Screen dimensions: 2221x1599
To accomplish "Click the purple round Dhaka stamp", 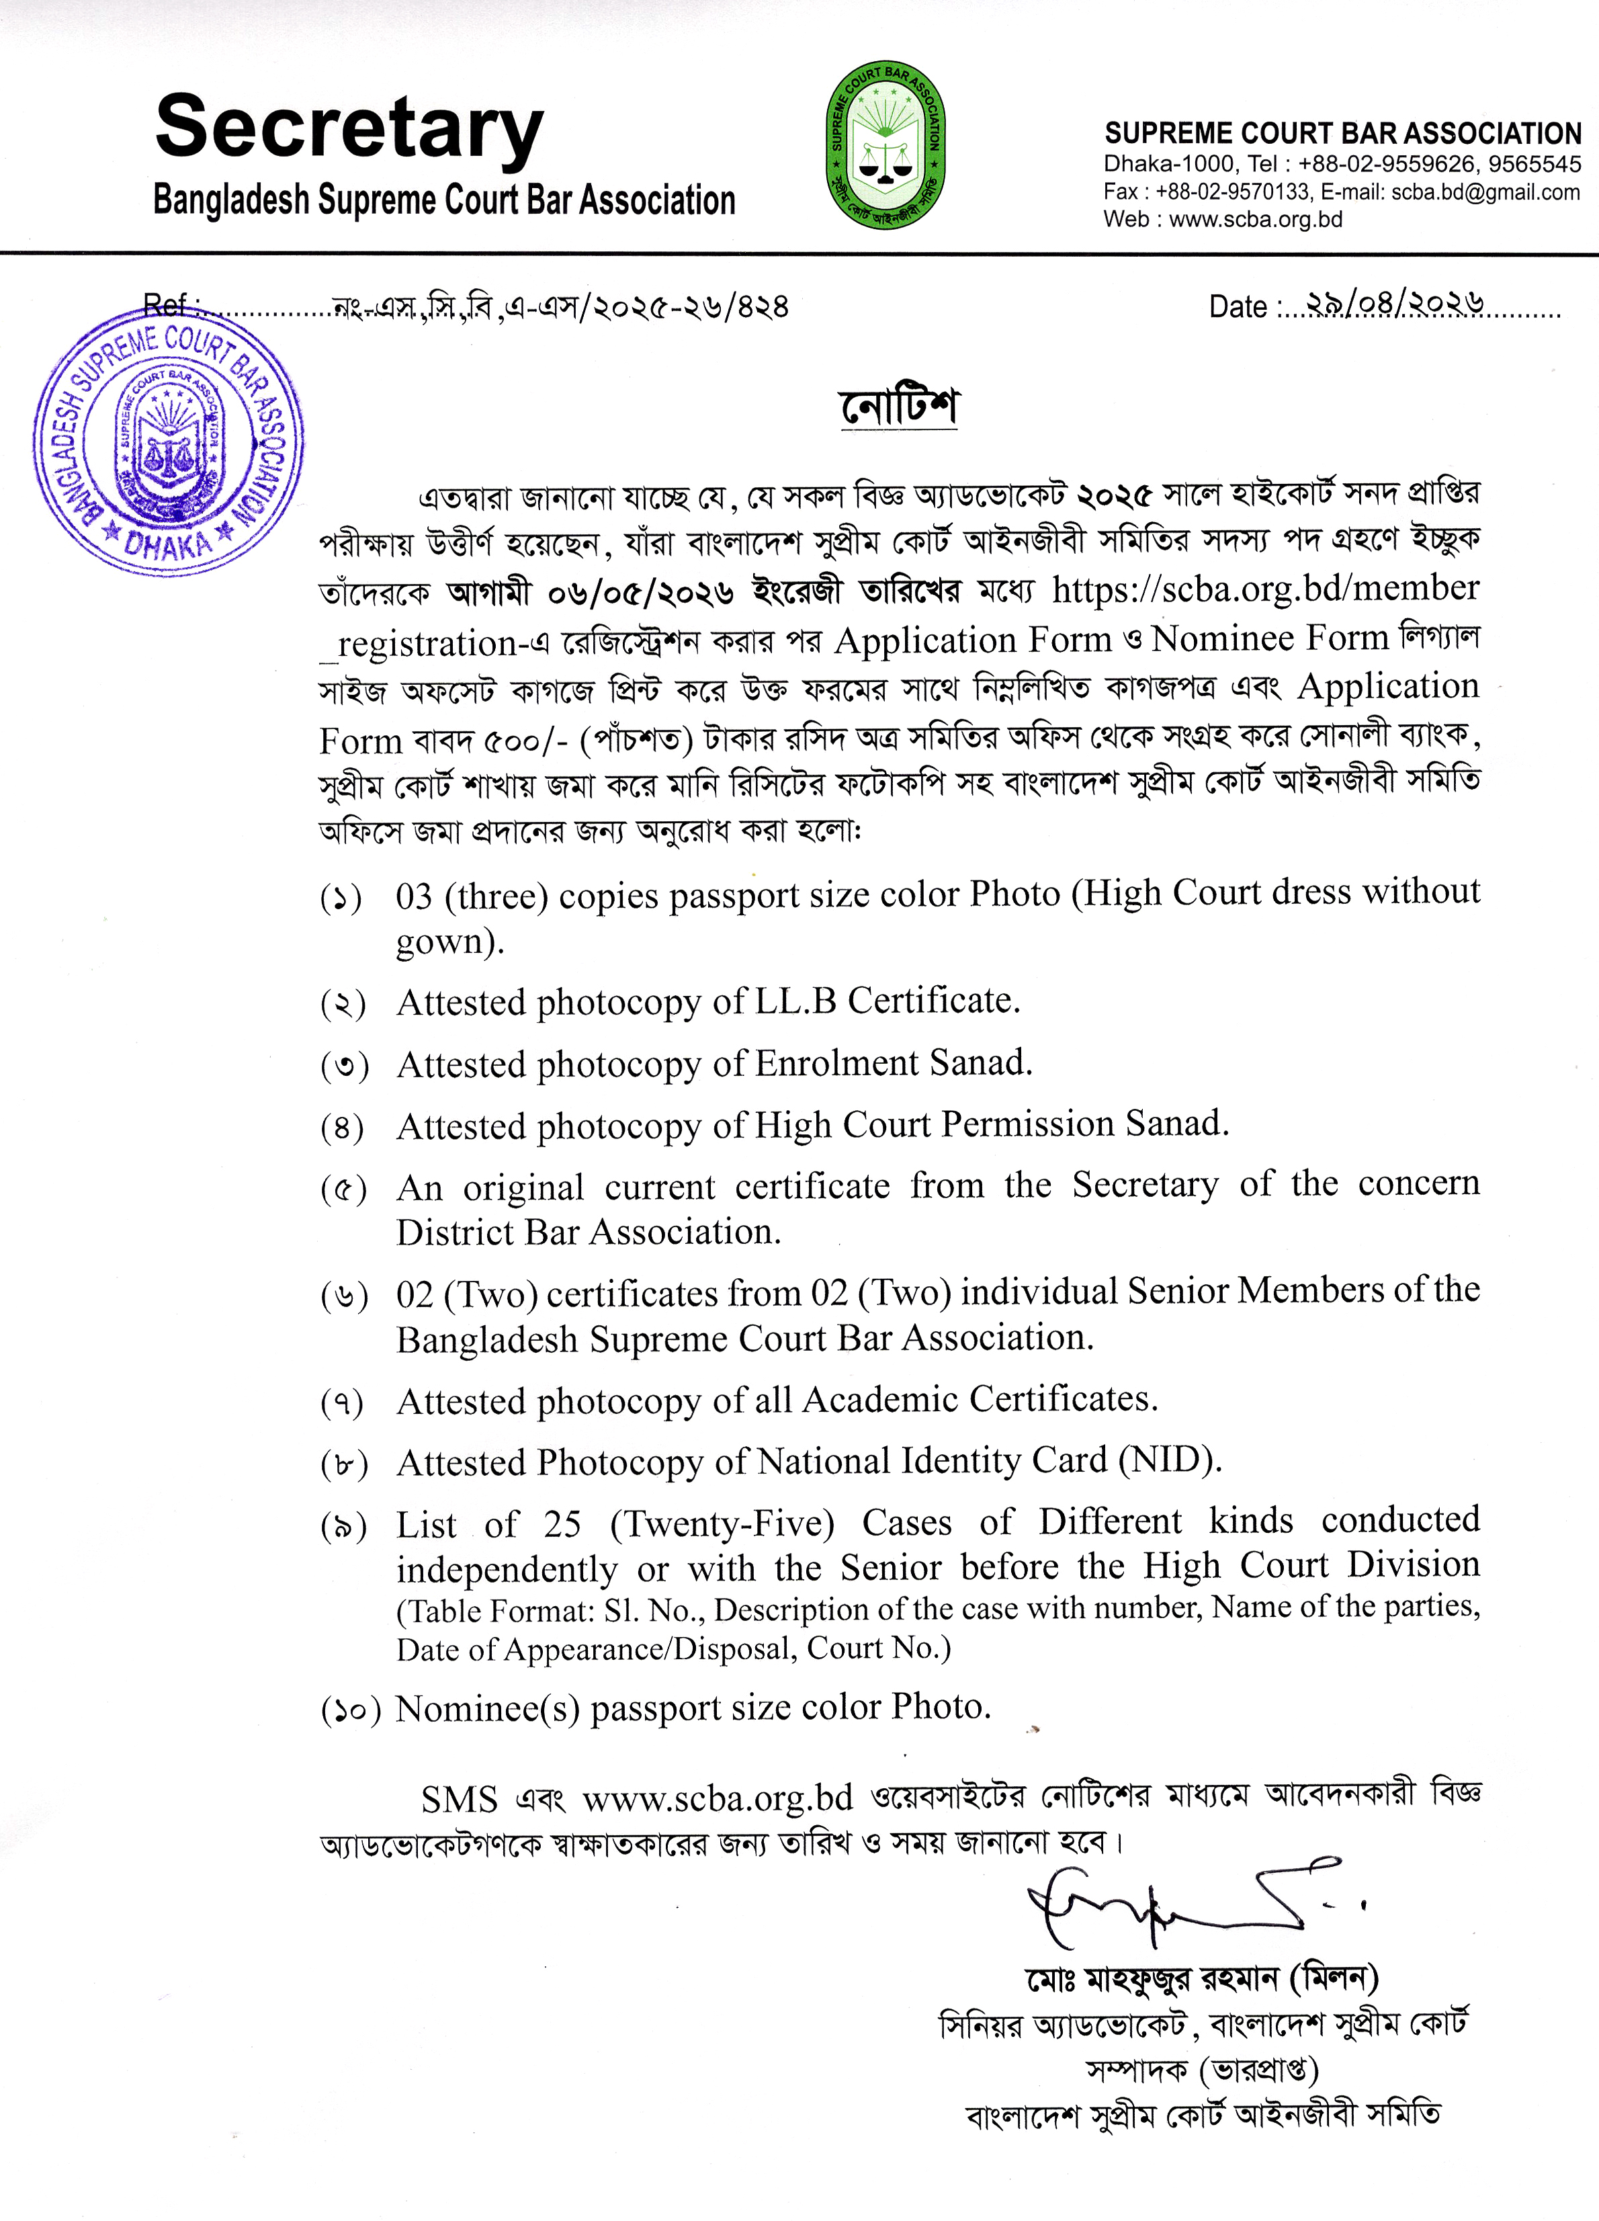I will pyautogui.click(x=169, y=444).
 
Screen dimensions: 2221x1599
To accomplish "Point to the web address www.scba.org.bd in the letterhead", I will pyautogui.click(x=1255, y=219).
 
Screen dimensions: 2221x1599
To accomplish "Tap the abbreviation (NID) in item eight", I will pyautogui.click(x=1169, y=1461).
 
